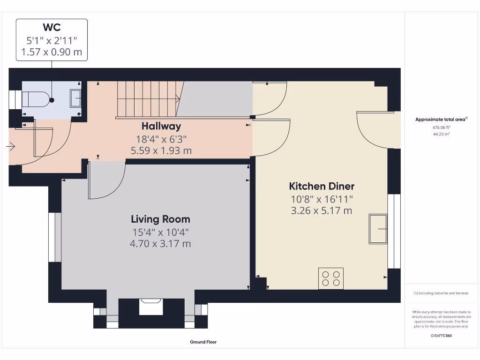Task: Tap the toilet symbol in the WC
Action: [x=36, y=99]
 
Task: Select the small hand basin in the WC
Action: [x=75, y=99]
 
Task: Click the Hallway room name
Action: [x=161, y=126]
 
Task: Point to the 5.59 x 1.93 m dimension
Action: [x=161, y=150]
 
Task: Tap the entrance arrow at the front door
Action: [x=11, y=147]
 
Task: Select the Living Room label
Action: [x=160, y=219]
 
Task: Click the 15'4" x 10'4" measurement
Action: [x=160, y=232]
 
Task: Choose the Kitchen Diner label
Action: [x=322, y=186]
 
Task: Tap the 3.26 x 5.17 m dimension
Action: [x=322, y=210]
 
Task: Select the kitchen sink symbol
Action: [x=378, y=229]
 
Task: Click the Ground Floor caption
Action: [x=203, y=342]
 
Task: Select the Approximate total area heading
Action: [x=441, y=120]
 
